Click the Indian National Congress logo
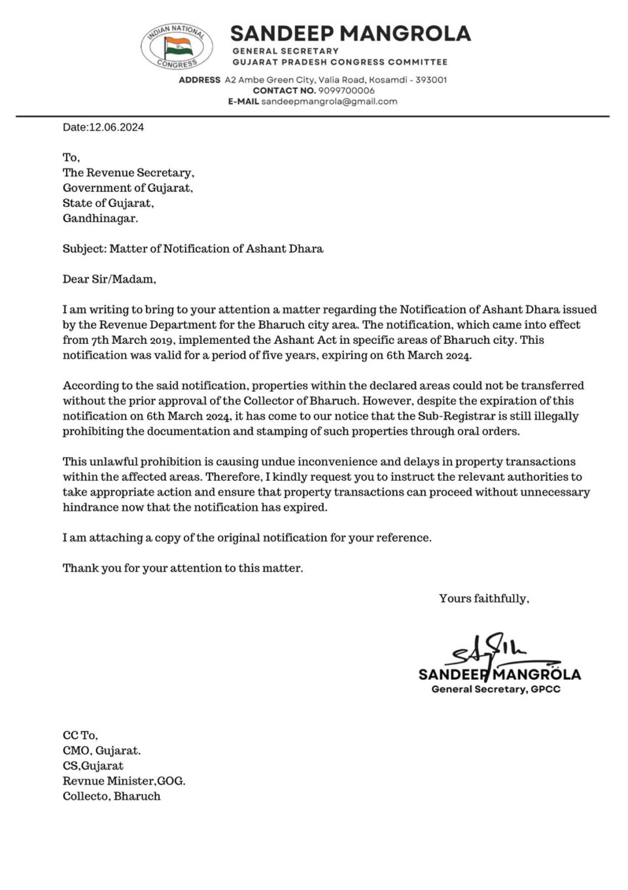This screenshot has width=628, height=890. [x=177, y=46]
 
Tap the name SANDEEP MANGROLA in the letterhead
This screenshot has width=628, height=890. [x=351, y=33]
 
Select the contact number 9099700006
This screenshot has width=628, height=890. [x=347, y=90]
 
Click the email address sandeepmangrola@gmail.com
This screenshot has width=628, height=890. [x=329, y=102]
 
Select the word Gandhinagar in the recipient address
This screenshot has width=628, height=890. [x=100, y=219]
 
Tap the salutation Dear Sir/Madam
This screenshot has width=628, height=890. [x=109, y=280]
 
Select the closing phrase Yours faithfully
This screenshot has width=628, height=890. [x=484, y=599]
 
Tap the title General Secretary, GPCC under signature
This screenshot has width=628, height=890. [x=496, y=690]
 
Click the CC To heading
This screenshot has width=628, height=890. [x=80, y=735]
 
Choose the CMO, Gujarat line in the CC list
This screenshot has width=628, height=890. [x=101, y=751]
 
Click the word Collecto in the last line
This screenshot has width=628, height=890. [x=85, y=796]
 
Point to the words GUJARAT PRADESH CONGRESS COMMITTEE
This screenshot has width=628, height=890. [x=340, y=62]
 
